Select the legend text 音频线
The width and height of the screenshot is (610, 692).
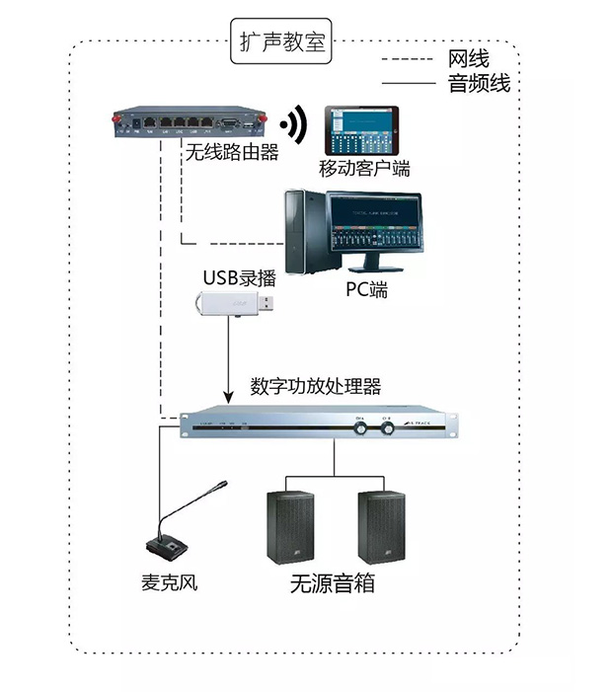pyautogui.click(x=479, y=84)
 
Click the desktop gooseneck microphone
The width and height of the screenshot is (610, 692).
pyautogui.click(x=175, y=534)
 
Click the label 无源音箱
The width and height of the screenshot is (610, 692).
pyautogui.click(x=333, y=582)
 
